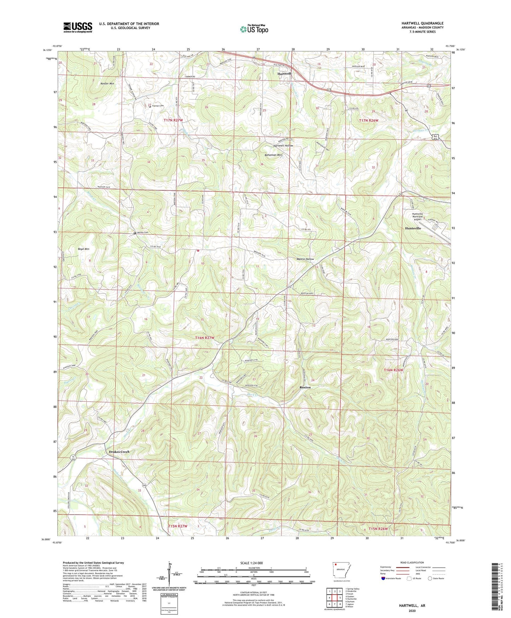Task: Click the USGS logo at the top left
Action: point(78,27)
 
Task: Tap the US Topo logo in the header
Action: point(254,29)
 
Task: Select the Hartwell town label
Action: point(284,73)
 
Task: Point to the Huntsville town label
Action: point(413,229)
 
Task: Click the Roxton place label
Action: point(305,387)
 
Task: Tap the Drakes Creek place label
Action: point(119,452)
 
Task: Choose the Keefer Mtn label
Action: point(107,84)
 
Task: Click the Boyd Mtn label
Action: point(83,249)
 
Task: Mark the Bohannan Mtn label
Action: point(273,155)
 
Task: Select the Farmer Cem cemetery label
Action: point(158,106)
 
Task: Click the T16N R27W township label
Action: point(205,338)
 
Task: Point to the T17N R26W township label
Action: point(368,121)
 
